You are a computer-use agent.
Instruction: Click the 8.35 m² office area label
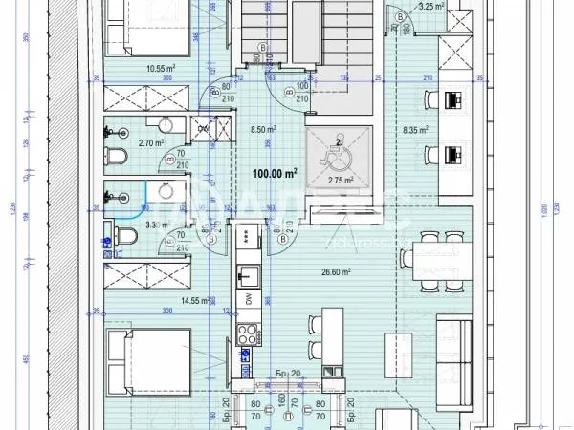coord(415,130)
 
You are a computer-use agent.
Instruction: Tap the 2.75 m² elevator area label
coord(342,180)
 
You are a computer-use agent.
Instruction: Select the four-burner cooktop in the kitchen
coord(246,335)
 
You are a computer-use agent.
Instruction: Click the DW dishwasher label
coord(246,299)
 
